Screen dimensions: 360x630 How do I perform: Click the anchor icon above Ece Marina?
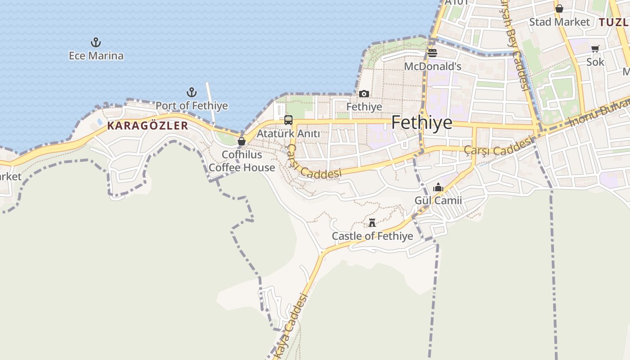[95, 43]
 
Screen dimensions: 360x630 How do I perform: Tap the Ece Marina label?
[96, 56]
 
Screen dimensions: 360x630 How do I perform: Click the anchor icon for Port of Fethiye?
[192, 93]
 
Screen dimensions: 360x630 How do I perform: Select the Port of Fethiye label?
[192, 106]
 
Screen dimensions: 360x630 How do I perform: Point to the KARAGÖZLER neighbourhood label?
[148, 126]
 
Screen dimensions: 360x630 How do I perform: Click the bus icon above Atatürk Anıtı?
[288, 120]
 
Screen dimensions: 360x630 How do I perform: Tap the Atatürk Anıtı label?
[288, 134]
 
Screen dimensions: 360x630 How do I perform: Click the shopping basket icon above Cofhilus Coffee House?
[242, 141]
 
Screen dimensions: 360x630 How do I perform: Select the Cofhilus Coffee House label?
[242, 161]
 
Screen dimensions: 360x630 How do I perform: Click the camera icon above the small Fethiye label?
[364, 94]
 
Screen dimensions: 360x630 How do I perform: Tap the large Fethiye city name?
[422, 122]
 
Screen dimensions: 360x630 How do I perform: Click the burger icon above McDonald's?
[432, 53]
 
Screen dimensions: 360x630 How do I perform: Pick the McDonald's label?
[432, 67]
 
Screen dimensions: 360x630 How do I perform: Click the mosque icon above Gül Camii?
[438, 187]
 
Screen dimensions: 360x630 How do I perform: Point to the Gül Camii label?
[438, 201]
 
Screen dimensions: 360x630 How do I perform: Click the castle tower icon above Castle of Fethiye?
[372, 222]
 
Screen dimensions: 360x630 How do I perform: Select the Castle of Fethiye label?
[372, 236]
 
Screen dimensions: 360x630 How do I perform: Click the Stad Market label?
[559, 22]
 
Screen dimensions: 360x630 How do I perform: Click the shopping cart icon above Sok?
[595, 49]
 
